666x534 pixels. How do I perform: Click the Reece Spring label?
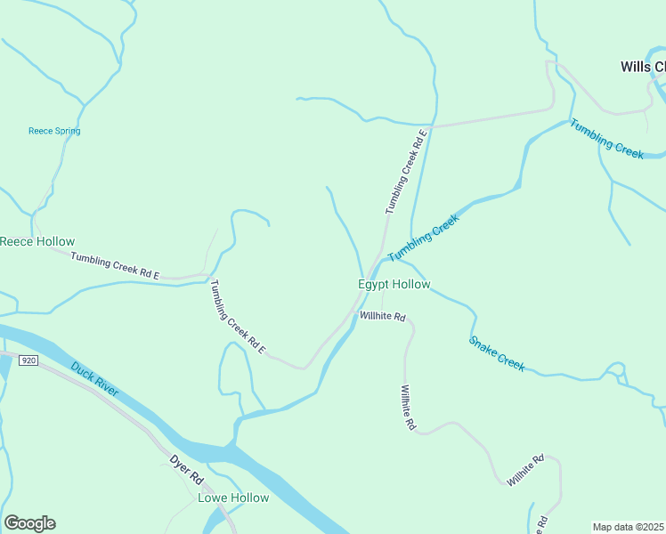[x=54, y=131]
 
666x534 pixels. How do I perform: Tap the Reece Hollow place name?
[x=37, y=241]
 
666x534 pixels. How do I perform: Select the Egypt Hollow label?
[x=394, y=285]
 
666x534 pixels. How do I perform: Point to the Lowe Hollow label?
[x=232, y=498]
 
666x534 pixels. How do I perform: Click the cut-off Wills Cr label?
[x=643, y=67]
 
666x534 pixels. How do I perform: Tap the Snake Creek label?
[x=497, y=352]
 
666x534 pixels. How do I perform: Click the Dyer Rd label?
[x=187, y=469]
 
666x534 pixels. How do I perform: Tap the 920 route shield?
[x=28, y=360]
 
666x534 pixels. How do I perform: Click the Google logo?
[x=29, y=523]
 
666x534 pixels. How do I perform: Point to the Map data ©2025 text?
[x=629, y=527]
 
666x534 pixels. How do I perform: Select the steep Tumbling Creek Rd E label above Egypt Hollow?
[x=407, y=171]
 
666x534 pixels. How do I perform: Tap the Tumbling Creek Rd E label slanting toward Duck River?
[x=238, y=318]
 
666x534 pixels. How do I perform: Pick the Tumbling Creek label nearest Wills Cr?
[x=606, y=139]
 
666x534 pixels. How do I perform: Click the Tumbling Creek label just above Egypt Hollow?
[x=423, y=238]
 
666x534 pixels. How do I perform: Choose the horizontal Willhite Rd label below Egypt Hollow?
[x=383, y=317]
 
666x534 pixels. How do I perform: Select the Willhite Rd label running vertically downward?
[x=408, y=408]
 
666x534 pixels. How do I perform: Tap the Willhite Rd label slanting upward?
[x=525, y=470]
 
